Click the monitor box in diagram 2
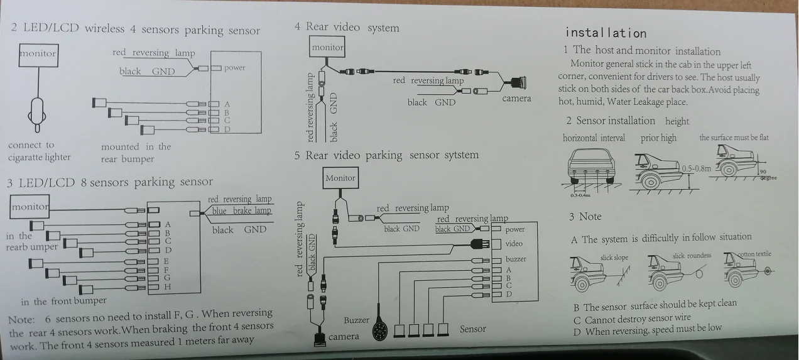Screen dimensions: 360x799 pos(38,53)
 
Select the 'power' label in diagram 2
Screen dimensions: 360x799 pos(234,68)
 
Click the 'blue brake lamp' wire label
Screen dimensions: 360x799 pos(241,211)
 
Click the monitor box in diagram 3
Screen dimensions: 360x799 pos(30,207)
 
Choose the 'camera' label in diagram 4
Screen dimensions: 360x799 pos(516,99)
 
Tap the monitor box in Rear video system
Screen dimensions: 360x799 pos(327,48)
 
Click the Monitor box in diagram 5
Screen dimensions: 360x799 pos(340,178)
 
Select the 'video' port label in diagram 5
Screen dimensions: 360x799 pos(514,244)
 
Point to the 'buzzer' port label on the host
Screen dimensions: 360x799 pos(516,259)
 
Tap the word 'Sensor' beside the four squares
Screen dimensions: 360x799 pos(473,329)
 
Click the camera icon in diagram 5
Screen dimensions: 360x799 pos(320,339)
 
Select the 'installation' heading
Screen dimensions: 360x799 pos(606,33)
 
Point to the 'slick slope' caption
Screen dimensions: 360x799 pos(614,258)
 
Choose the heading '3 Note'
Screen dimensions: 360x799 pos(585,217)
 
